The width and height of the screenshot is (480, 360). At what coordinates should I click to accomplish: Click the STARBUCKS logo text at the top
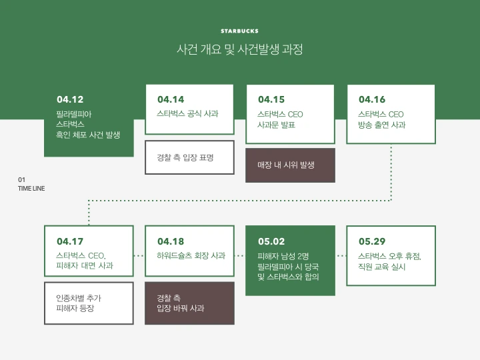pyautogui.click(x=239, y=31)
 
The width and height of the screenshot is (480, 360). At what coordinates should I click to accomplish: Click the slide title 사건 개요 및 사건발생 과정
pyautogui.click(x=239, y=50)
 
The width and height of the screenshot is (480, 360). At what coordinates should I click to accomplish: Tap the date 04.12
pyautogui.click(x=70, y=99)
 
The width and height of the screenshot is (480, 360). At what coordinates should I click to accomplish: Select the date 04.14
pyautogui.click(x=171, y=99)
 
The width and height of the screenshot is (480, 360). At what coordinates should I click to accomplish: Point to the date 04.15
pyautogui.click(x=271, y=99)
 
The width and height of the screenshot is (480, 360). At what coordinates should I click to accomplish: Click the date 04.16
pyautogui.click(x=372, y=99)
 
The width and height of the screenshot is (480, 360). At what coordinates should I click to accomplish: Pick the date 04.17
pyautogui.click(x=70, y=241)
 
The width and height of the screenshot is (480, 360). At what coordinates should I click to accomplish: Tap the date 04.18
pyautogui.click(x=171, y=241)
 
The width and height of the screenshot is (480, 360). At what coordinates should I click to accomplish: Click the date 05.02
pyautogui.click(x=271, y=241)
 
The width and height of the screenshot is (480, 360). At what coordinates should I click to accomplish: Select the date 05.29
pyautogui.click(x=372, y=241)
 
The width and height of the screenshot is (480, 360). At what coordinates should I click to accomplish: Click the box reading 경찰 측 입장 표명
pyautogui.click(x=189, y=157)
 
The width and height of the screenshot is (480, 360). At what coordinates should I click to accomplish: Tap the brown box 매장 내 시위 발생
pyautogui.click(x=290, y=165)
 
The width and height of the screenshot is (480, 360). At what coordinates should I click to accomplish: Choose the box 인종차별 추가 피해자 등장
pyautogui.click(x=89, y=303)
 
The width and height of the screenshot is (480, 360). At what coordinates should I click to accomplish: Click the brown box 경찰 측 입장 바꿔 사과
pyautogui.click(x=189, y=303)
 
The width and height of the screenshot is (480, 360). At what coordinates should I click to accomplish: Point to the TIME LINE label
pyautogui.click(x=31, y=189)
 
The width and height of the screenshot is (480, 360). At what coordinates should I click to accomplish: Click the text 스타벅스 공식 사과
pyautogui.click(x=187, y=114)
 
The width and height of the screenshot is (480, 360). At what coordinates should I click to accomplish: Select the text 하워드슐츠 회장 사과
pyautogui.click(x=191, y=256)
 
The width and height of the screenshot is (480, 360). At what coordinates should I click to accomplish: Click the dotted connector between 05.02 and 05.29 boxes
pyautogui.click(x=341, y=256)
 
